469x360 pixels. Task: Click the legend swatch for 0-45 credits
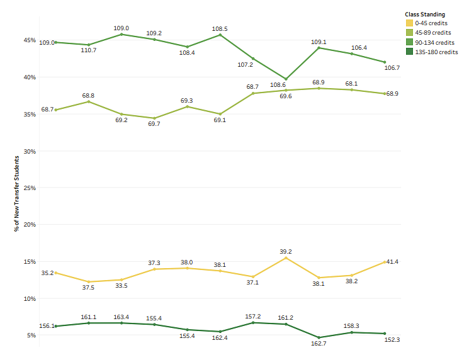410,23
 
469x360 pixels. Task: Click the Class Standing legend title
425,13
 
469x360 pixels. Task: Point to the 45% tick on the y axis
30,40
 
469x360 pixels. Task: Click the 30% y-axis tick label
30,151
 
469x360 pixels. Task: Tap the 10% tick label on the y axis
30,298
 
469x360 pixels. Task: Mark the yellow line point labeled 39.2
286,257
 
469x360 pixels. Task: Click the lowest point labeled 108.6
286,79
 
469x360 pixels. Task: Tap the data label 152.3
392,340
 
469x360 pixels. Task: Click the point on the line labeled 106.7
384,62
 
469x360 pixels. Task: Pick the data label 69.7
154,125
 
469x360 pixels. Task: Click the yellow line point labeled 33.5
121,279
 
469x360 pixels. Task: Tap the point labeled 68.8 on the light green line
89,101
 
